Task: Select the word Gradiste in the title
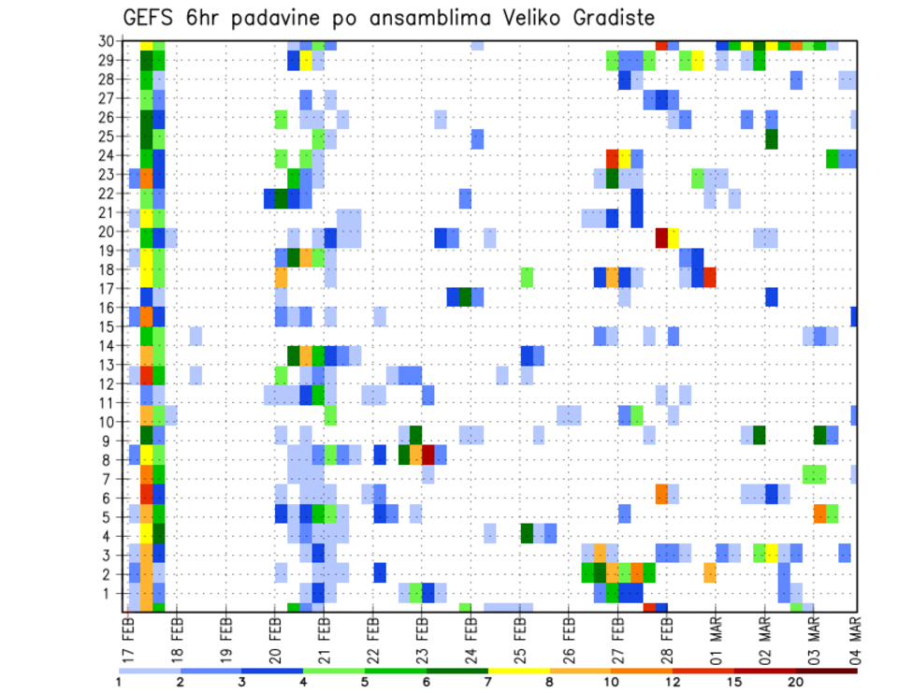(604, 18)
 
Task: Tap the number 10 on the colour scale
(611, 681)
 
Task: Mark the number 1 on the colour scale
(119, 681)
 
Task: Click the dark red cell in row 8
(428, 455)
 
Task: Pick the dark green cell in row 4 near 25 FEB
(527, 532)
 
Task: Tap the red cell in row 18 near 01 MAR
(710, 277)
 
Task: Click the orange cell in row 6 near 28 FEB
(661, 494)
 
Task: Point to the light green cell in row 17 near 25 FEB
(527, 277)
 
